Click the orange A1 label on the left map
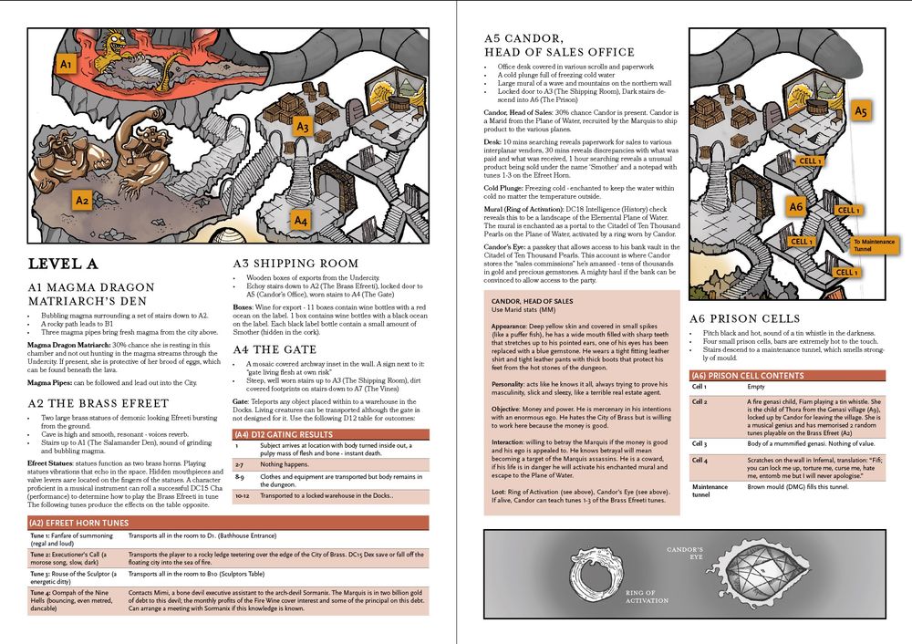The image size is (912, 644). click(65, 66)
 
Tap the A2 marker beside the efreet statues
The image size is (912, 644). click(81, 200)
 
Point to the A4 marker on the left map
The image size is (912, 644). click(301, 221)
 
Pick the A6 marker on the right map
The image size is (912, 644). click(796, 207)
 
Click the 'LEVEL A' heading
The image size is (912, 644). click(64, 265)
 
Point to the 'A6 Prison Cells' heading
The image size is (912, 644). click(744, 318)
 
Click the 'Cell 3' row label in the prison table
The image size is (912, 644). click(700, 443)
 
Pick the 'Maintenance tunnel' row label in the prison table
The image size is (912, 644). click(710, 491)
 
